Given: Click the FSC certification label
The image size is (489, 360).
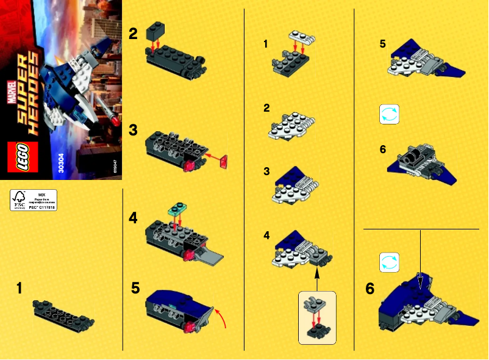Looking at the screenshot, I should coord(33,200).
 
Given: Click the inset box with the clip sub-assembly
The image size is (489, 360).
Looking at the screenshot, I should coord(316,316).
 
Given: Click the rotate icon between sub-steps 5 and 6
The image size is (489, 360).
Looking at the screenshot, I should coord(389,114).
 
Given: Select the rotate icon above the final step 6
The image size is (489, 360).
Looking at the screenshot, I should coord(389,263).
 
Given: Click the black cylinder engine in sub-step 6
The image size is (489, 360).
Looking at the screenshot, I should coord(417,155).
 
